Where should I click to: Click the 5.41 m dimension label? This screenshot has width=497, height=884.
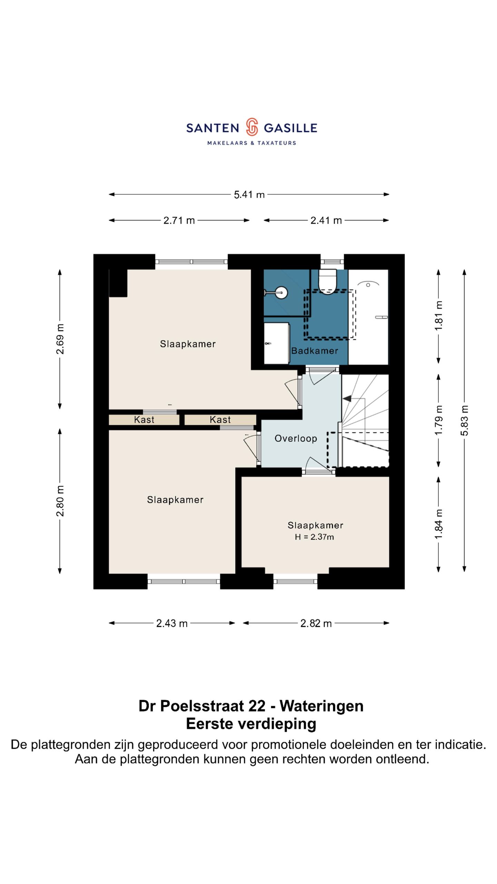point(249,195)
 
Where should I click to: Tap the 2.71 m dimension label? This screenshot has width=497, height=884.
point(179,220)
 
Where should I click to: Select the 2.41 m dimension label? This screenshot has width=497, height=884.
point(326,220)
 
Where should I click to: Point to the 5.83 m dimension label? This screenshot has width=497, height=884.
point(465,420)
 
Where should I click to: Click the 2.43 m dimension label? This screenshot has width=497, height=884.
point(172,623)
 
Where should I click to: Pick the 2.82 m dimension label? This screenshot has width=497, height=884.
point(316,623)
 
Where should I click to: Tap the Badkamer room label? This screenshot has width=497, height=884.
point(314,351)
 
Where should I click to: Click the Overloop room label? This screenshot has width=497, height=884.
point(296,439)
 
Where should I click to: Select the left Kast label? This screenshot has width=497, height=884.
point(144,420)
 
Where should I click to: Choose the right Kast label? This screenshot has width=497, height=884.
point(220,420)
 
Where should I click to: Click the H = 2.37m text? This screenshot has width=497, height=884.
point(314,537)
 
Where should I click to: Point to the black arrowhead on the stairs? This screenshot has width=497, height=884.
point(347,398)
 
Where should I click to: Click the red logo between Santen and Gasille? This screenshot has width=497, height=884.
point(252,127)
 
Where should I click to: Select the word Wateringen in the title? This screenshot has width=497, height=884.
point(321,706)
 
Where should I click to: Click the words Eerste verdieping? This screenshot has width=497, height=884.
point(251,724)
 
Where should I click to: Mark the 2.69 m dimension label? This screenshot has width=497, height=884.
point(60,339)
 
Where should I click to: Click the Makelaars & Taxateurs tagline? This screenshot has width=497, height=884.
point(252,143)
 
